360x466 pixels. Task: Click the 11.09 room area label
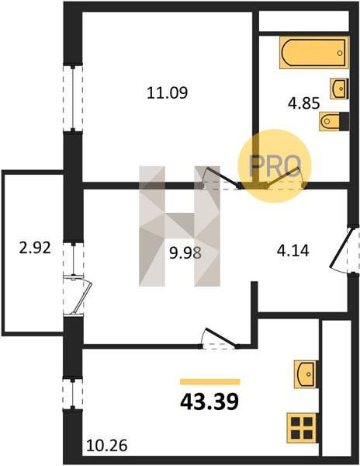tap(168, 92)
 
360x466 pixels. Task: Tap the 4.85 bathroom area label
tap(304, 103)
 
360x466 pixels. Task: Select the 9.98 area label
tap(185, 253)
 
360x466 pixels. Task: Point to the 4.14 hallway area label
tap(293, 250)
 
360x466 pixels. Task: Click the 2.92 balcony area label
tap(35, 248)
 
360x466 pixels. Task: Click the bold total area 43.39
tap(209, 402)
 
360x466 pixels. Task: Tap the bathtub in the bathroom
tap(314, 53)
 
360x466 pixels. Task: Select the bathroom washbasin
tap(339, 89)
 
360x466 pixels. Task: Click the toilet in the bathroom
tap(330, 121)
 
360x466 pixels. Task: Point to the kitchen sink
tap(305, 374)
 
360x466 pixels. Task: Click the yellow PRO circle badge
tap(275, 166)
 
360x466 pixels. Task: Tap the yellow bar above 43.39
tap(209, 382)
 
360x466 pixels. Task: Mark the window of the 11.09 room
tap(73, 98)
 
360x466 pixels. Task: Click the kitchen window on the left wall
tap(73, 393)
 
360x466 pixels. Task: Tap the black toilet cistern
tap(344, 121)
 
